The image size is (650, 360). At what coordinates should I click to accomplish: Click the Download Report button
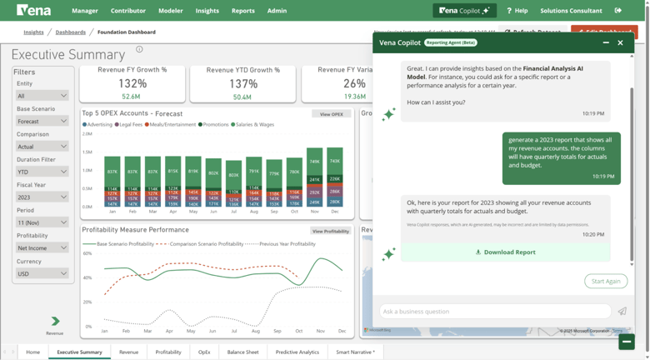tap(505, 252)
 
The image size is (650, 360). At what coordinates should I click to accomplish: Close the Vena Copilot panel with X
tap(620, 42)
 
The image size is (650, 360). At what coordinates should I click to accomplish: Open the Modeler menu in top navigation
tap(170, 11)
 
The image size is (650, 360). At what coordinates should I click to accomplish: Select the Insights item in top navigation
tap(207, 11)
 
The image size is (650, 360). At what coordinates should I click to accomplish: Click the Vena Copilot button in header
tap(464, 11)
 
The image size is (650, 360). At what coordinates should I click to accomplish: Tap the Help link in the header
tap(517, 11)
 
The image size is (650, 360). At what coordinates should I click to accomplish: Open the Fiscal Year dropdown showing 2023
tap(42, 197)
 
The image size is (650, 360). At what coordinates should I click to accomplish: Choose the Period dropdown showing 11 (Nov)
tap(42, 222)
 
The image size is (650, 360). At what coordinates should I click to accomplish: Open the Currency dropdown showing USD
tap(42, 273)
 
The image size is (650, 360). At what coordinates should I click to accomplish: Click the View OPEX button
tap(331, 114)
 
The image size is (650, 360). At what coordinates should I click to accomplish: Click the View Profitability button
tap(330, 231)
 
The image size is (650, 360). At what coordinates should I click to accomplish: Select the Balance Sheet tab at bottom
tap(242, 352)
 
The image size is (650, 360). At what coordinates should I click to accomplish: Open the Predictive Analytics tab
tap(297, 352)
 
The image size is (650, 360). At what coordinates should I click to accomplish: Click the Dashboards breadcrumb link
tap(70, 32)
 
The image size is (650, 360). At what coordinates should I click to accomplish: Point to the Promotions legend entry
tap(214, 124)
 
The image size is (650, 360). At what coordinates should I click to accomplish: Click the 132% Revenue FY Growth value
tap(132, 83)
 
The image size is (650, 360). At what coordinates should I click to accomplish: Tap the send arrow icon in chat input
tap(622, 311)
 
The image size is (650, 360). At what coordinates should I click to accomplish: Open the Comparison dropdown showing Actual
tap(42, 146)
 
